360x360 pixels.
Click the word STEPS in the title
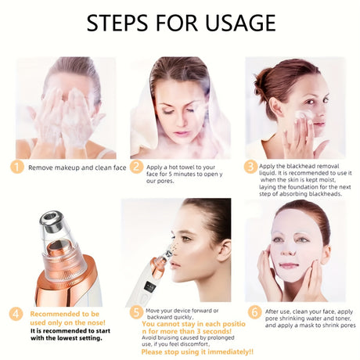click(x=117, y=23)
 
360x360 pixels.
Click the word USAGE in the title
click(x=240, y=23)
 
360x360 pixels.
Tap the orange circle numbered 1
click(x=17, y=167)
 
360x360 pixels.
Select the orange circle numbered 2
click(x=136, y=167)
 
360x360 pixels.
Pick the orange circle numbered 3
click(x=250, y=167)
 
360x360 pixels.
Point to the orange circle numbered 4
click(x=16, y=314)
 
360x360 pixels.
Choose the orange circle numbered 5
click(x=136, y=312)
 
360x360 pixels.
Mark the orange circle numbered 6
click(x=254, y=312)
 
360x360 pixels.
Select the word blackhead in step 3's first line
click(x=299, y=166)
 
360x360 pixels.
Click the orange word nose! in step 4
click(x=95, y=322)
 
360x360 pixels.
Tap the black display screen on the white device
click(x=149, y=287)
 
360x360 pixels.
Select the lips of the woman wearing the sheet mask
click(x=289, y=266)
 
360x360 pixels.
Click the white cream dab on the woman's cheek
click(x=303, y=114)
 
